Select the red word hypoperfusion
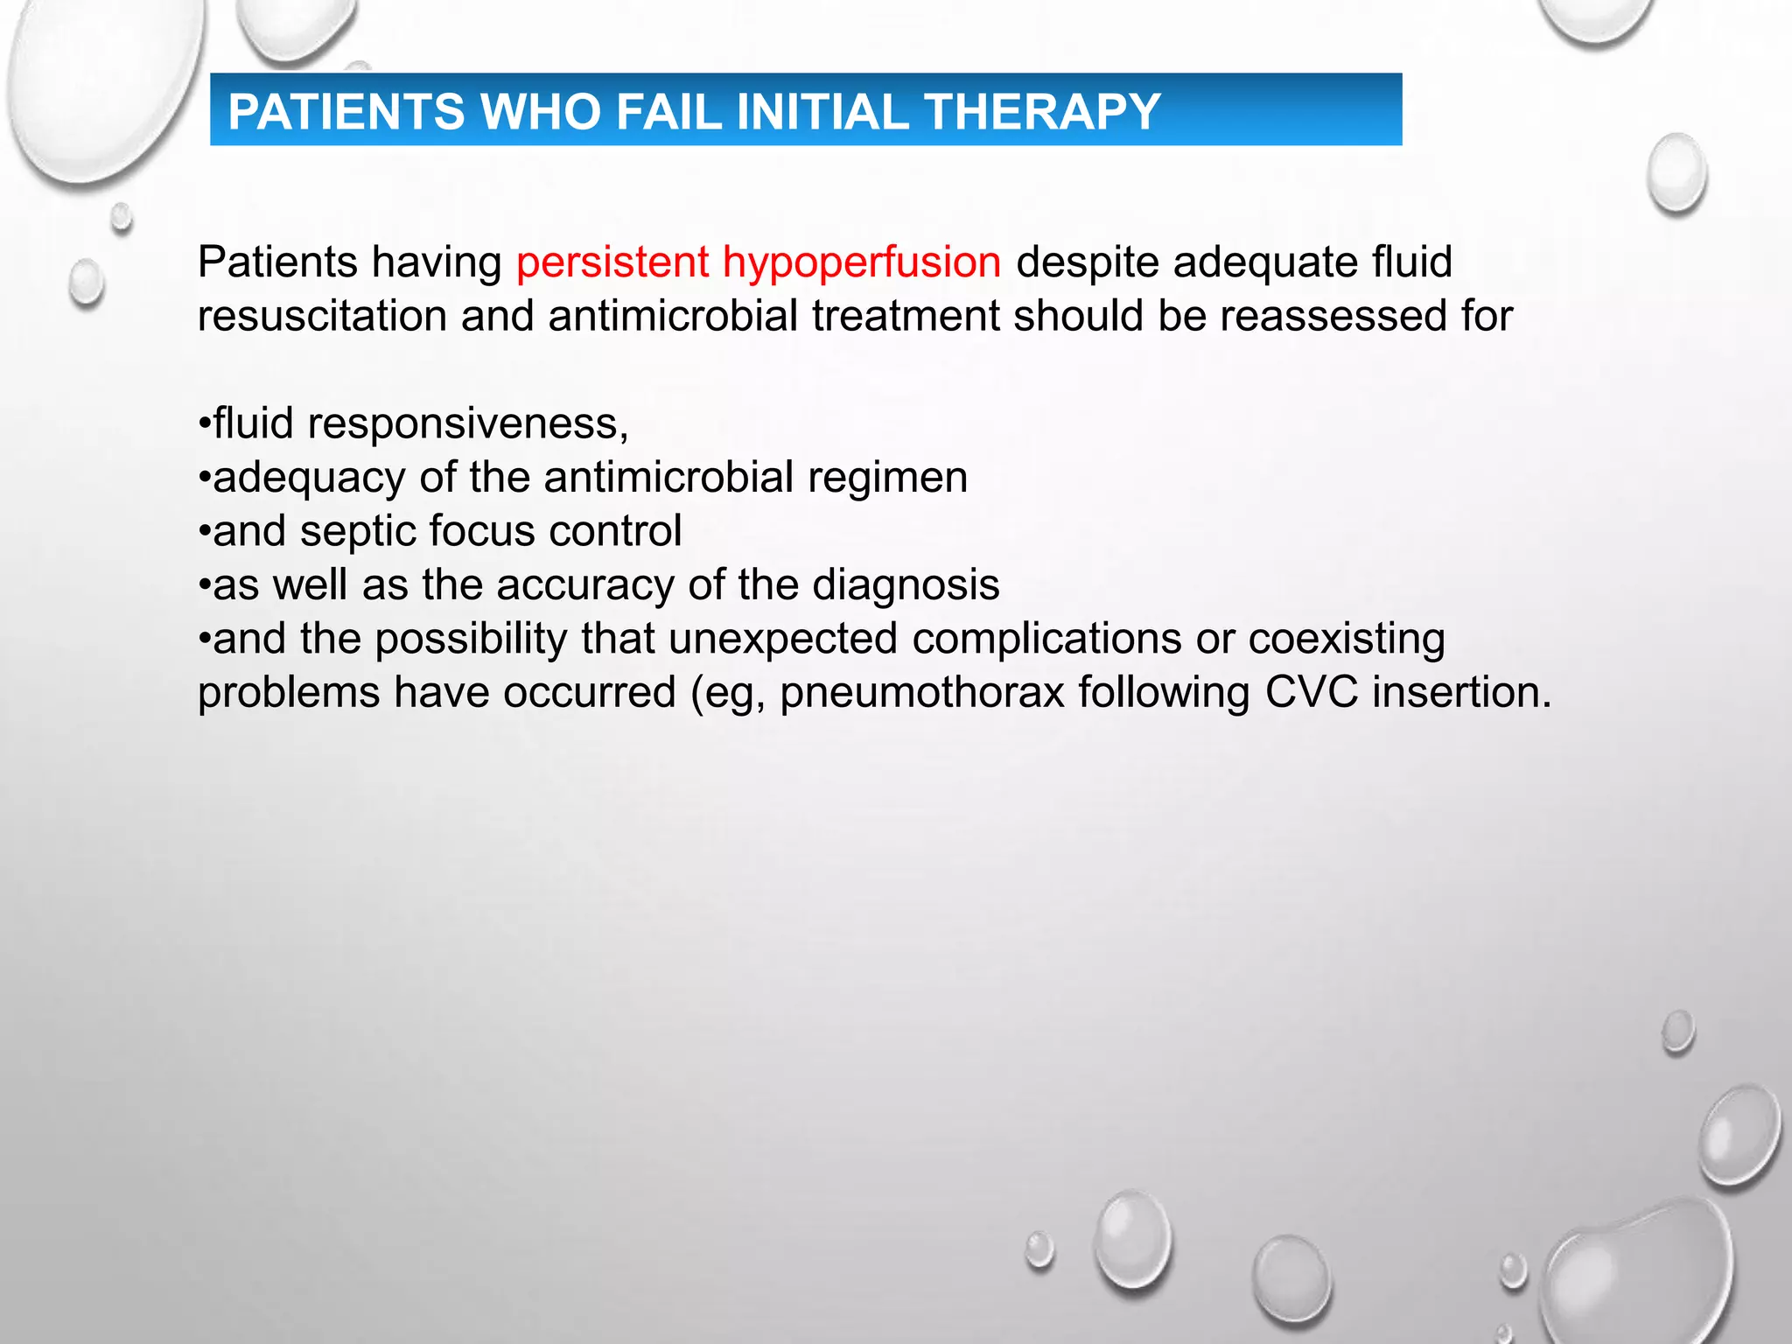pos(862,262)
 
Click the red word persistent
pos(612,262)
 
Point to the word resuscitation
pos(322,316)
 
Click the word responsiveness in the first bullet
pos(468,424)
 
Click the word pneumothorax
pos(922,692)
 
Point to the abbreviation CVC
pos(1312,692)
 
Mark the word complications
pos(1046,639)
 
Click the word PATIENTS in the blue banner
pos(346,112)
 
